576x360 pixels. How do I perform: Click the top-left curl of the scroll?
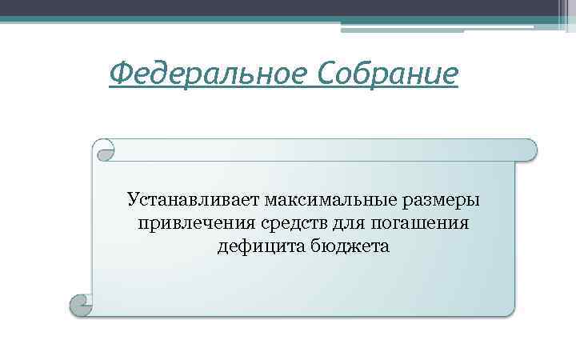104,149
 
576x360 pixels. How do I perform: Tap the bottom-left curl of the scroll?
81,304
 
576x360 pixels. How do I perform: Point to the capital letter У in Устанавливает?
134,197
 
